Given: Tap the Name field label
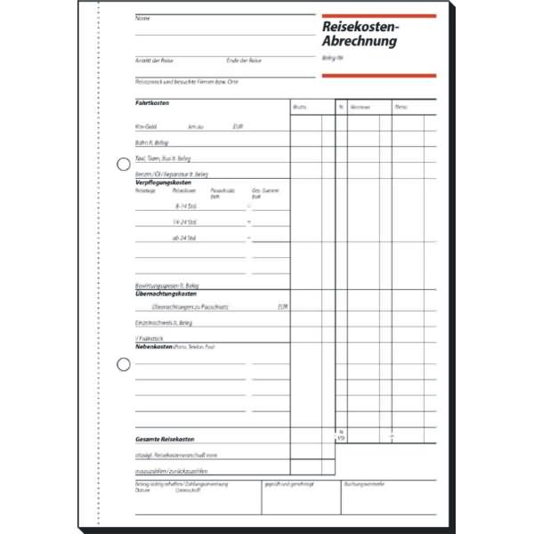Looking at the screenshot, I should (x=142, y=18).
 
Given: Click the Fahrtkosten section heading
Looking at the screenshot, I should (x=152, y=103).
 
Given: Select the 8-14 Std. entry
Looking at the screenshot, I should (x=185, y=205).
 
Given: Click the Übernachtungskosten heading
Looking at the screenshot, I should (x=166, y=293).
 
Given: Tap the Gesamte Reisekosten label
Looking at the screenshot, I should (x=165, y=439).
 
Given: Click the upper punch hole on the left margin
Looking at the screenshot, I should (x=124, y=164).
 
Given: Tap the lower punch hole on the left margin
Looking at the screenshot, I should (x=124, y=363).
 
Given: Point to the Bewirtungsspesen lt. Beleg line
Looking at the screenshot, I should (x=162, y=285).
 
